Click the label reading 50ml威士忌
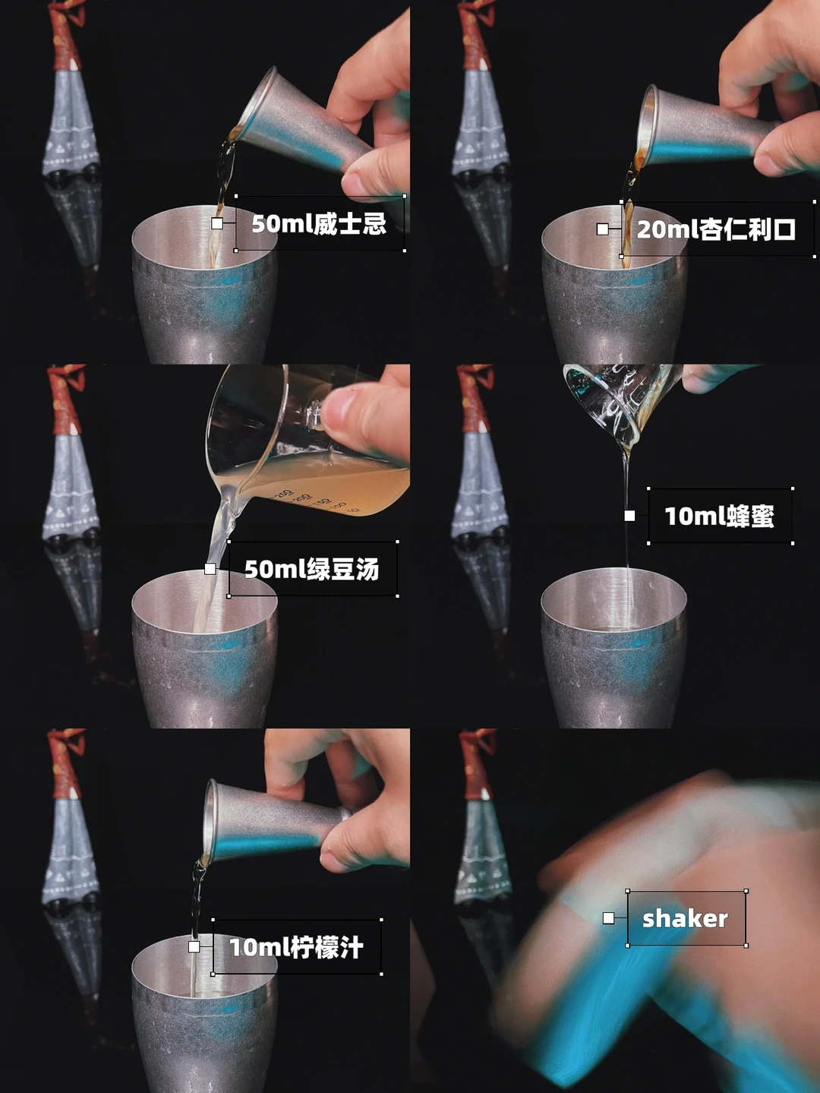pyautogui.click(x=319, y=223)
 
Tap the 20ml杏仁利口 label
pyautogui.click(x=716, y=229)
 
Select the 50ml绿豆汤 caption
pyautogui.click(x=312, y=569)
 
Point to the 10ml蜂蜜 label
pyautogui.click(x=720, y=516)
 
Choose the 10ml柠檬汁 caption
pyautogui.click(x=297, y=946)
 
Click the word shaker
pyautogui.click(x=685, y=919)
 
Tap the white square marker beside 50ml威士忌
pyautogui.click(x=217, y=223)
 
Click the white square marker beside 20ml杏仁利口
pyautogui.click(x=603, y=229)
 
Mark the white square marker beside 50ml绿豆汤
pyautogui.click(x=210, y=569)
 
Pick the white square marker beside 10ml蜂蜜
pyautogui.click(x=629, y=516)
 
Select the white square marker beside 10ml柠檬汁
pyautogui.click(x=194, y=946)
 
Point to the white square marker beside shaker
pyautogui.click(x=608, y=918)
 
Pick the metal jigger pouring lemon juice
pyautogui.click(x=273, y=824)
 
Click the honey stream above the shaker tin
pyautogui.click(x=627, y=518)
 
